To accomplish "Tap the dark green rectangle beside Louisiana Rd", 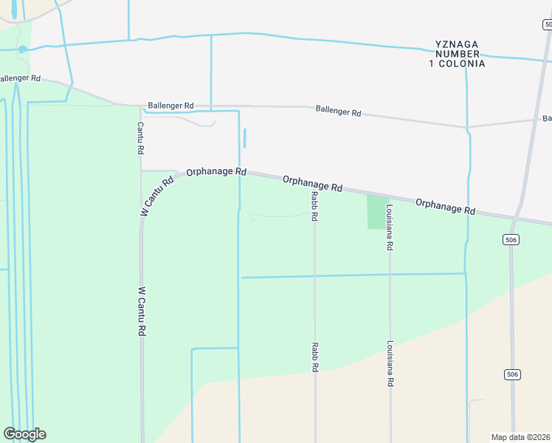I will point(376,212).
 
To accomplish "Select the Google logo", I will point(24,434).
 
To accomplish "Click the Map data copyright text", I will point(521,437).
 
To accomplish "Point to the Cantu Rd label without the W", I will point(139,138).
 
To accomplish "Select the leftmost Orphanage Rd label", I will point(215,171).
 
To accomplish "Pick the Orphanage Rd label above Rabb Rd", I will point(312,182).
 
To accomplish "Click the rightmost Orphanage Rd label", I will point(445,206).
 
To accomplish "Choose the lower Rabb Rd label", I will point(314,357).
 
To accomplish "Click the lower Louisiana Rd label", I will point(390,364).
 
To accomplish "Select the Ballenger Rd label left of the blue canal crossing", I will point(170,106).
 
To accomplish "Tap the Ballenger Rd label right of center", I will point(338,111).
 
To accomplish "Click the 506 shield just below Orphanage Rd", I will point(512,240).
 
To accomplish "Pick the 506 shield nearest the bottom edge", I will point(512,375).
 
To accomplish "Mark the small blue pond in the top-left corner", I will point(23,49).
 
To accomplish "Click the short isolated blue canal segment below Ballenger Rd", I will point(245,138).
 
